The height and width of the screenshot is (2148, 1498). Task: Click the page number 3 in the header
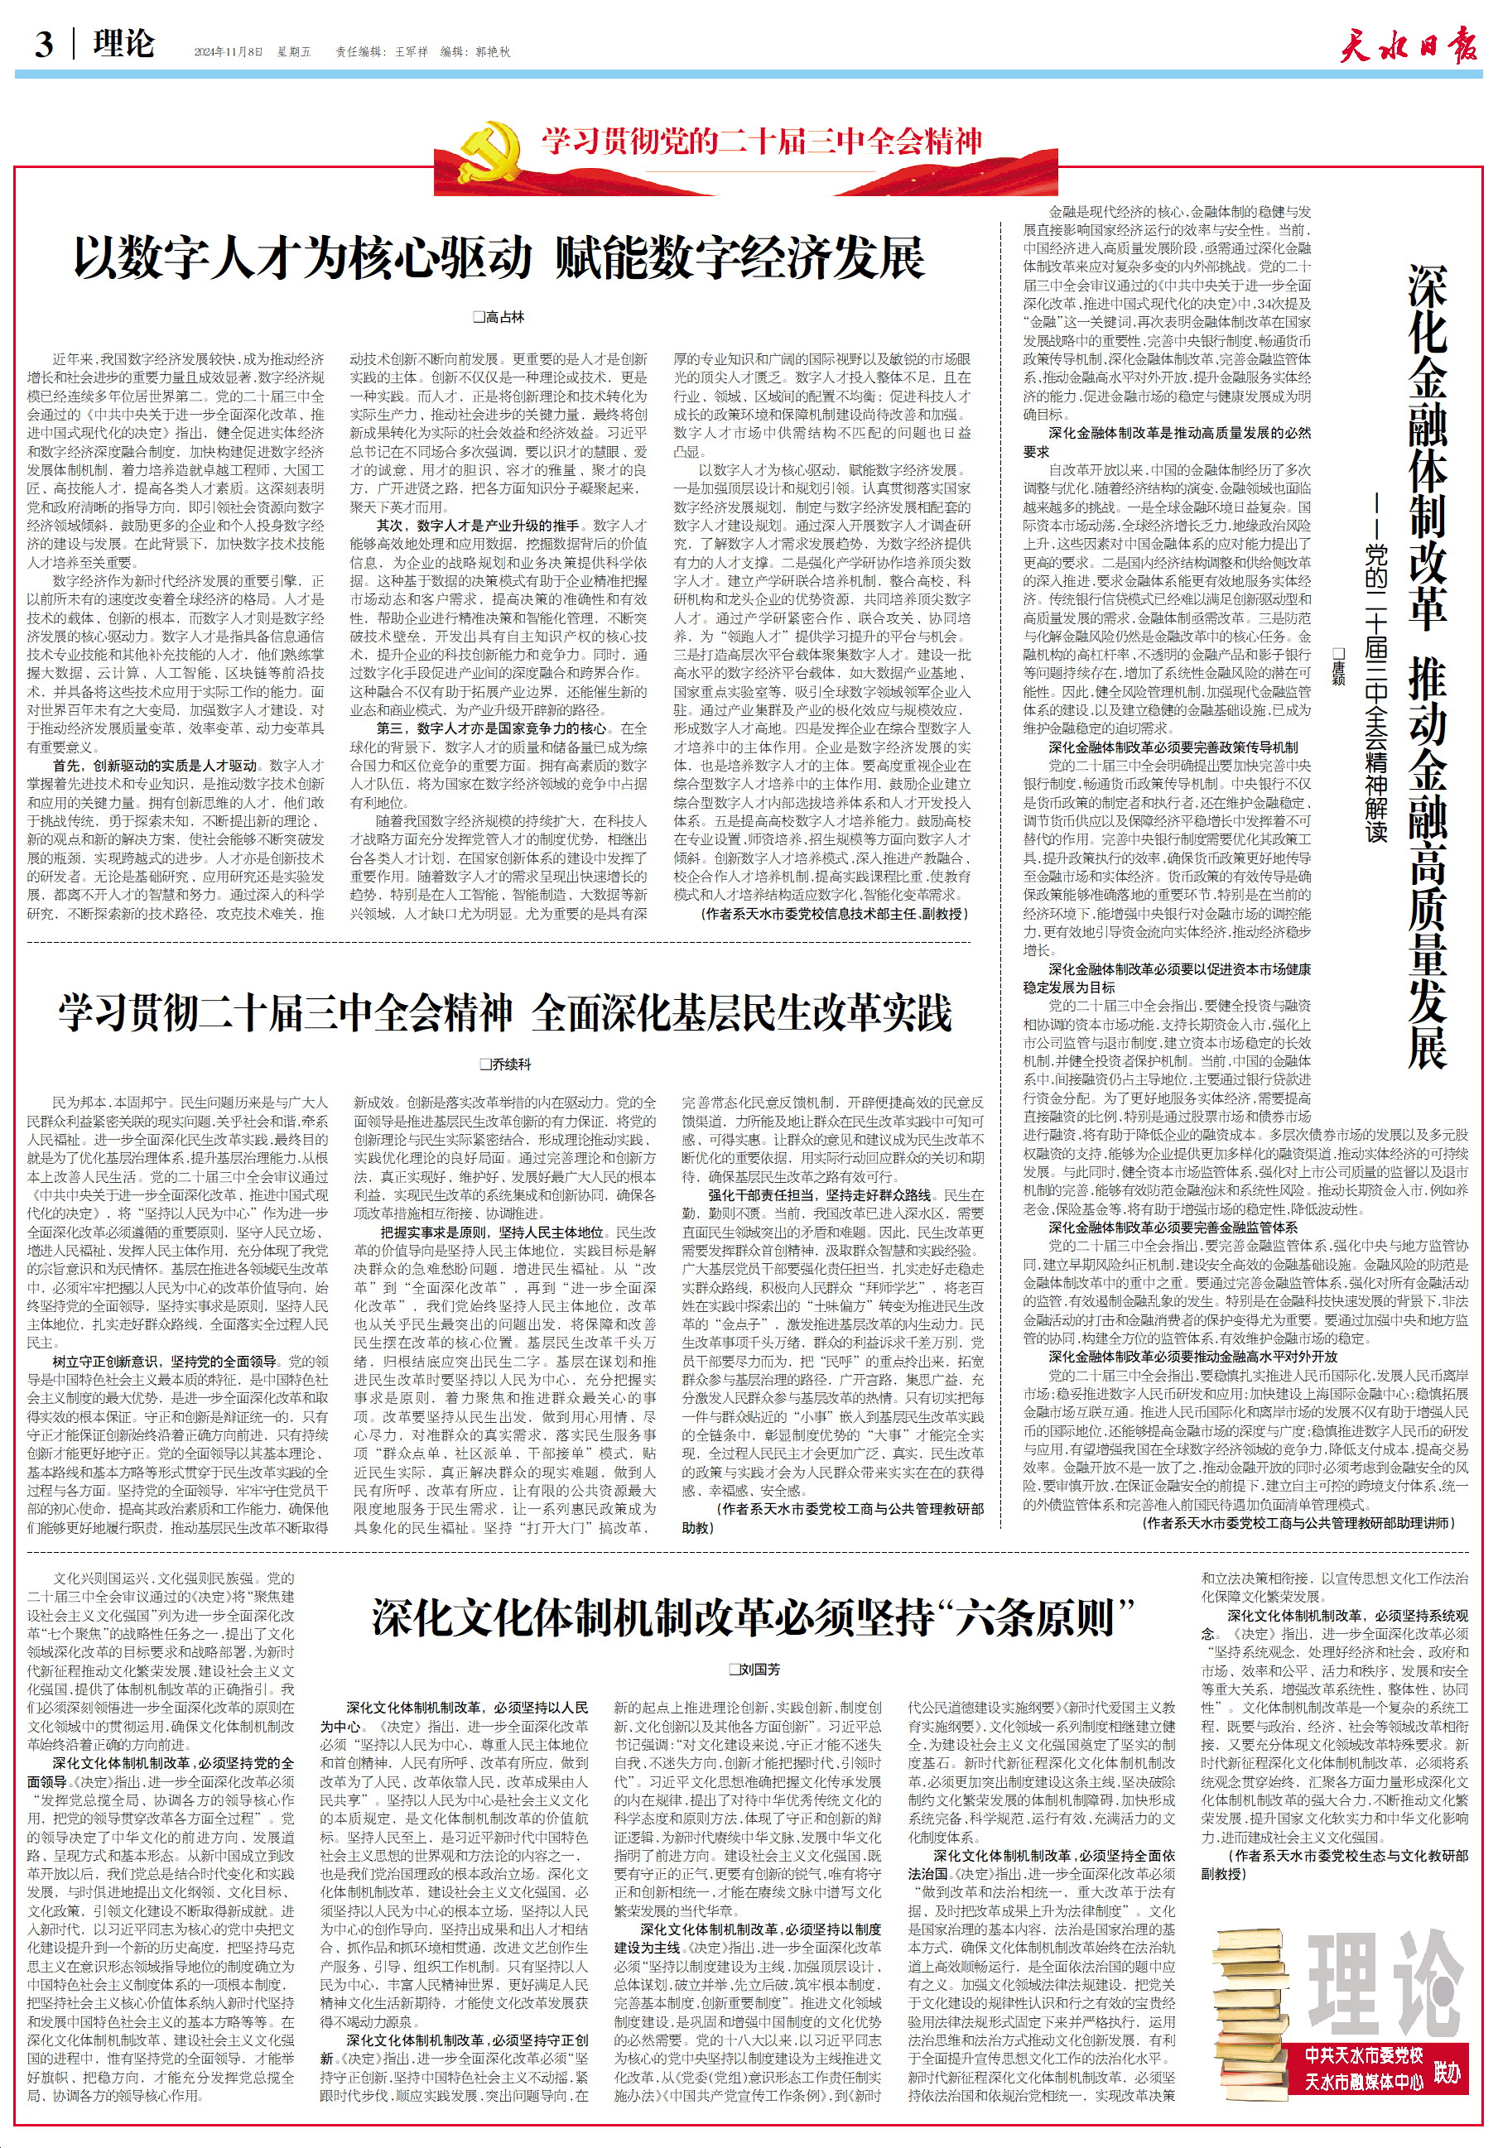(x=44, y=44)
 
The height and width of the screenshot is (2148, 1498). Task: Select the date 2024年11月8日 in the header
(x=229, y=52)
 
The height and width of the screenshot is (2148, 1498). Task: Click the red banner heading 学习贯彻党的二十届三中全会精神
(x=762, y=142)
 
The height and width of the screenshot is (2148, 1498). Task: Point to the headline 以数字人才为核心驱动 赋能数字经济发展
(x=499, y=259)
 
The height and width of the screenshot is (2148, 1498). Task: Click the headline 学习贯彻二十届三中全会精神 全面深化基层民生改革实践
(x=504, y=1013)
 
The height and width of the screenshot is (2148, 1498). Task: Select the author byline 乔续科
(x=505, y=1064)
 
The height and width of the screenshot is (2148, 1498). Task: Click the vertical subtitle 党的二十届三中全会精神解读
(x=1375, y=692)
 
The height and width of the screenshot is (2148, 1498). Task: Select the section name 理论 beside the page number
(x=123, y=44)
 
